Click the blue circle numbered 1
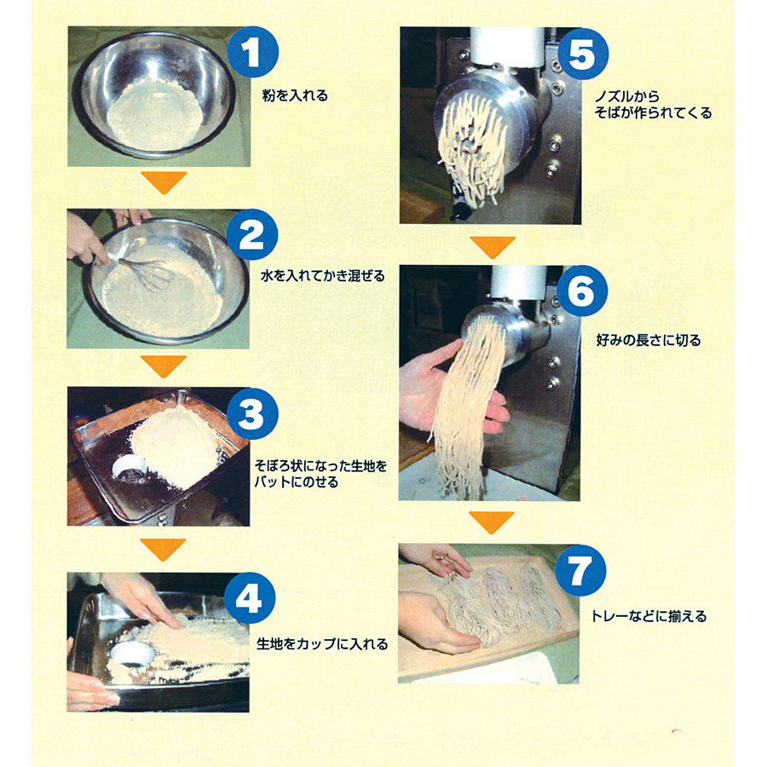pos(253,52)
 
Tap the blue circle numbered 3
pos(252,413)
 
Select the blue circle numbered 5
pos(583,54)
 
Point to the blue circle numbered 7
pos(580,570)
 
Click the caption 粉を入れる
pos(295,95)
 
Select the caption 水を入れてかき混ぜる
pos(323,276)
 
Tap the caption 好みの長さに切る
pos(649,340)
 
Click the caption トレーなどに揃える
pos(649,616)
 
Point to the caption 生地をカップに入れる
pos(322,643)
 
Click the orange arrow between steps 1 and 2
pos(164,182)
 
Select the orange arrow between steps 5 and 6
pos(493,247)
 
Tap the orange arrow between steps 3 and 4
pos(164,550)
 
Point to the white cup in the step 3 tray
pos(130,469)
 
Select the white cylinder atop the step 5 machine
pos(507,47)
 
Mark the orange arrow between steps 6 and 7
pos(492,522)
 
